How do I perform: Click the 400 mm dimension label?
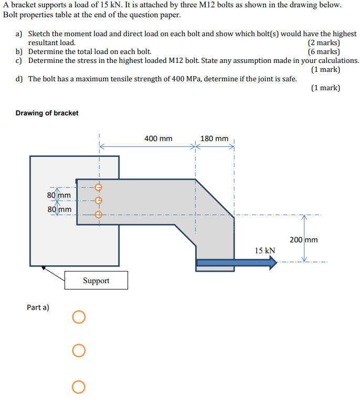tap(158, 139)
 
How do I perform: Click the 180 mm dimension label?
tap(214, 139)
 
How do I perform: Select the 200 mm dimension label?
tap(303, 240)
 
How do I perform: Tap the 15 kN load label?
tap(265, 251)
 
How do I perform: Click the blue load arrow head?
tap(272, 263)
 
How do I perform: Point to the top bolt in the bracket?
tap(98, 187)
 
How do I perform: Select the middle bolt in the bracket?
tap(98, 200)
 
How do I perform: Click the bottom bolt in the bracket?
tap(98, 214)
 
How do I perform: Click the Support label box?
tap(96, 281)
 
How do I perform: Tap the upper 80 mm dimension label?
tap(59, 196)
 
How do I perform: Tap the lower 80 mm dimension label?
tap(59, 210)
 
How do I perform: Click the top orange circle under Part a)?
tap(79, 317)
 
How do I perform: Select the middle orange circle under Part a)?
tap(79, 350)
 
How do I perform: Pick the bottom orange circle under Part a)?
tap(79, 387)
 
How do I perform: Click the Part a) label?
tap(38, 307)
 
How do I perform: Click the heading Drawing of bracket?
tap(47, 113)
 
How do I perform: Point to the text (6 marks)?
tap(323, 52)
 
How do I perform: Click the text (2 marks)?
tap(323, 43)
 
